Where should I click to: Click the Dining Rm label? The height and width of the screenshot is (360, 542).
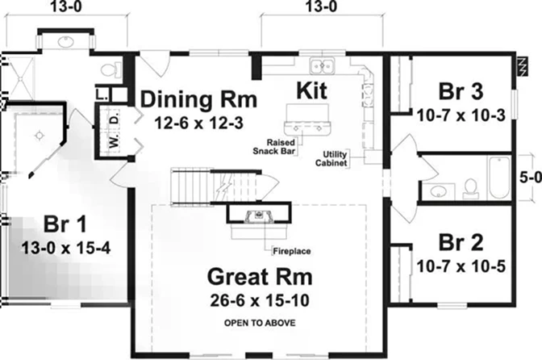point(198,99)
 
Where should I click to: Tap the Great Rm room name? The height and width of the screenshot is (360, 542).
point(260,277)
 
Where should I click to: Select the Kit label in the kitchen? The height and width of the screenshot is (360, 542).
point(311,90)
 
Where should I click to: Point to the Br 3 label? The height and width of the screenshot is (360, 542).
point(461,91)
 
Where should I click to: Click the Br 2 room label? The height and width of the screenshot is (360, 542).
point(461,242)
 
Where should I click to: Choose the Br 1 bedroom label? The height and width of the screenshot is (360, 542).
point(65,224)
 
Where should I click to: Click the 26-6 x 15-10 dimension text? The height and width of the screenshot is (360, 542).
point(260,300)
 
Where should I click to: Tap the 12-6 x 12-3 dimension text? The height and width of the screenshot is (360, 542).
point(198,123)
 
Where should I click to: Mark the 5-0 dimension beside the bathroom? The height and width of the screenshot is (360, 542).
point(532,178)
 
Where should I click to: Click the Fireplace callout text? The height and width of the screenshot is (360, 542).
point(292,251)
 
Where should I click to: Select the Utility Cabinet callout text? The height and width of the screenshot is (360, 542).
point(331,159)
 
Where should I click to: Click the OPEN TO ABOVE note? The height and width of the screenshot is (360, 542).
point(260,323)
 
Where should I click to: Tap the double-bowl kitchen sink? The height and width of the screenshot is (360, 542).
point(322,65)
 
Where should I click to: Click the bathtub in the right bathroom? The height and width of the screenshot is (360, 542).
point(498,178)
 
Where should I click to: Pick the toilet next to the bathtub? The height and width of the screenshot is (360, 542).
point(470,189)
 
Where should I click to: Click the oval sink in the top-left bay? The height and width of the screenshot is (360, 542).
point(65,42)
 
